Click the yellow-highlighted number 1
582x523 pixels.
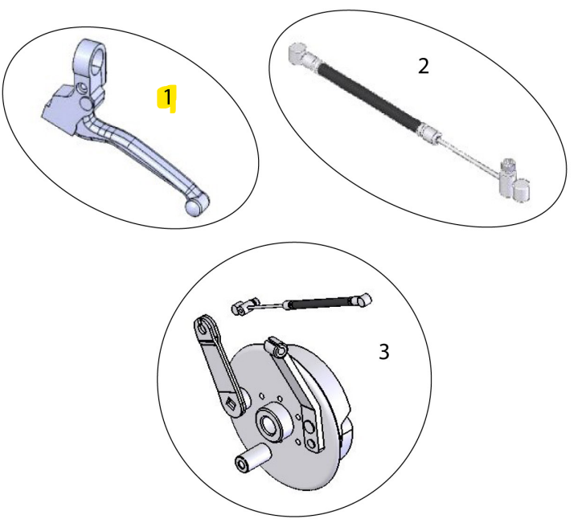[166, 98]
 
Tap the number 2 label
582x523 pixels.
[423, 66]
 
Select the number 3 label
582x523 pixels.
[384, 351]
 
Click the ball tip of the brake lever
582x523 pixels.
[194, 206]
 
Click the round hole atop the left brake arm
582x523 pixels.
[201, 327]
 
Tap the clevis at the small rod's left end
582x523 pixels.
[244, 308]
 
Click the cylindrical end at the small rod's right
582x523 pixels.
[366, 300]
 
